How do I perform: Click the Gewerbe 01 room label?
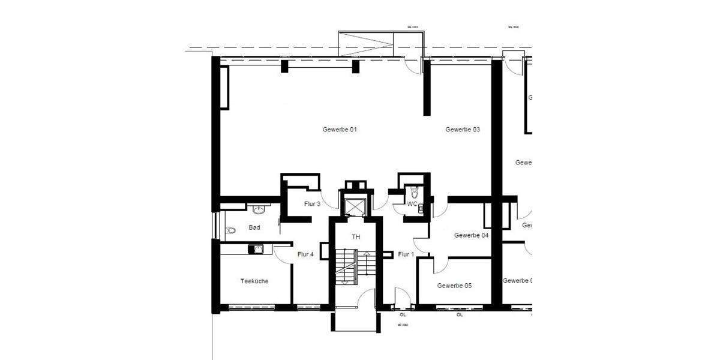click(x=340, y=130)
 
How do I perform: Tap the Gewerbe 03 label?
click(x=463, y=130)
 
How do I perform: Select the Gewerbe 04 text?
click(x=471, y=235)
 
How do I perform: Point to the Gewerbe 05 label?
click(x=454, y=286)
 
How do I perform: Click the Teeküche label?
click(x=254, y=281)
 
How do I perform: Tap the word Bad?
click(x=254, y=228)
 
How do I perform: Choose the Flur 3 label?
click(x=312, y=204)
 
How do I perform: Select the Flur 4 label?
click(x=305, y=254)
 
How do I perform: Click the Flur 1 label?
click(x=406, y=254)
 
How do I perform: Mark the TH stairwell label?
click(x=356, y=237)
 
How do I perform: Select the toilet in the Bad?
click(x=230, y=230)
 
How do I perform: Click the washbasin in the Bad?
click(x=259, y=209)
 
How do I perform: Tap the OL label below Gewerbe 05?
click(x=460, y=314)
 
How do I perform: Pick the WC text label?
click(x=412, y=204)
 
